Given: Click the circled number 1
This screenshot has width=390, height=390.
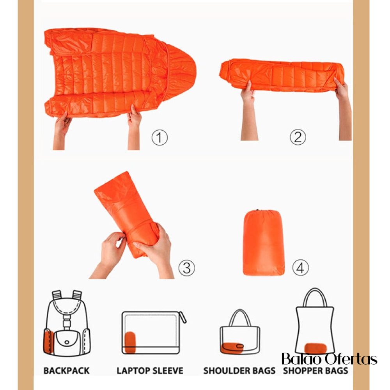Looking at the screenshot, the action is pyautogui.click(x=160, y=137).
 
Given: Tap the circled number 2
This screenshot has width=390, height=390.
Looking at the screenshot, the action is pyautogui.click(x=298, y=137).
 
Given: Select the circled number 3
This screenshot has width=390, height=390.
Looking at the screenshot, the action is pyautogui.click(x=187, y=268).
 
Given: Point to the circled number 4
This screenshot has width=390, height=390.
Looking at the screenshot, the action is pyautogui.click(x=300, y=268).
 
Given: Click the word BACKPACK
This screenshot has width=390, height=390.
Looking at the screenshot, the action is pyautogui.click(x=66, y=370).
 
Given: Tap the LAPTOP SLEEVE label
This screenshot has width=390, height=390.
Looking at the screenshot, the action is pyautogui.click(x=150, y=370).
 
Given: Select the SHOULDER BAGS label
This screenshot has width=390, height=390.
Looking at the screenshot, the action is pyautogui.click(x=239, y=370).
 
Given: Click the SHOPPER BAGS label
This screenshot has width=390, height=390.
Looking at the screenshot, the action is pyautogui.click(x=316, y=370).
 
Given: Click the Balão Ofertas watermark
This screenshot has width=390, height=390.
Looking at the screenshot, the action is pyautogui.click(x=329, y=359).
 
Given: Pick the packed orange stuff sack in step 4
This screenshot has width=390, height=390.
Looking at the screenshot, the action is pyautogui.click(x=263, y=243).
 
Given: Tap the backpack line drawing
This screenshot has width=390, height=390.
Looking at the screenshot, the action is pyautogui.click(x=67, y=323).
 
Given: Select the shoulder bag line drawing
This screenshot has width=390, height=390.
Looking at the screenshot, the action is pyautogui.click(x=240, y=332).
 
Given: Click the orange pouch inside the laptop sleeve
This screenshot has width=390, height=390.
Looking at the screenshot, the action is pyautogui.click(x=130, y=342).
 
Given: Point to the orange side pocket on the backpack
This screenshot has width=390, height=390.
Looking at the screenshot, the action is pyautogui.click(x=48, y=342).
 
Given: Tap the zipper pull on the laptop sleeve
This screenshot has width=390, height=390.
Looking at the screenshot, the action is pyautogui.click(x=183, y=317).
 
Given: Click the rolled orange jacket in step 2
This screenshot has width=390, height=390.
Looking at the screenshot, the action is pyautogui.click(x=282, y=75).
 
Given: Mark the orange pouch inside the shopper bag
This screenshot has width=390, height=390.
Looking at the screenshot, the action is pyautogui.click(x=316, y=348).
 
